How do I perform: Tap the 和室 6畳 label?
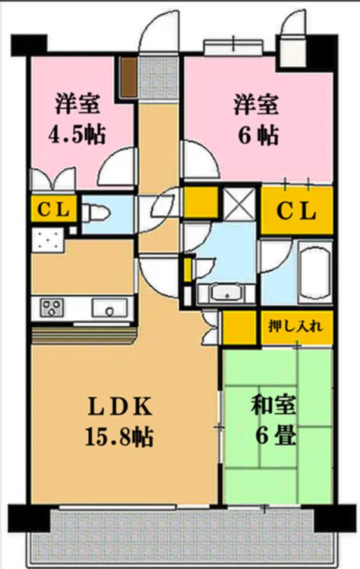click(274, 422)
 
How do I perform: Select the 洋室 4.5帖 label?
click(77, 119)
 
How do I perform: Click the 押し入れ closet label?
click(296, 326)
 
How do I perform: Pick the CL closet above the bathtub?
click(296, 211)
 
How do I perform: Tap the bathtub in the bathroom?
click(315, 272)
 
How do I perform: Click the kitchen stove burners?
click(52, 308)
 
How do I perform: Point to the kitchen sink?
click(109, 309)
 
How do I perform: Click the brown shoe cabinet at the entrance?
click(128, 76)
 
